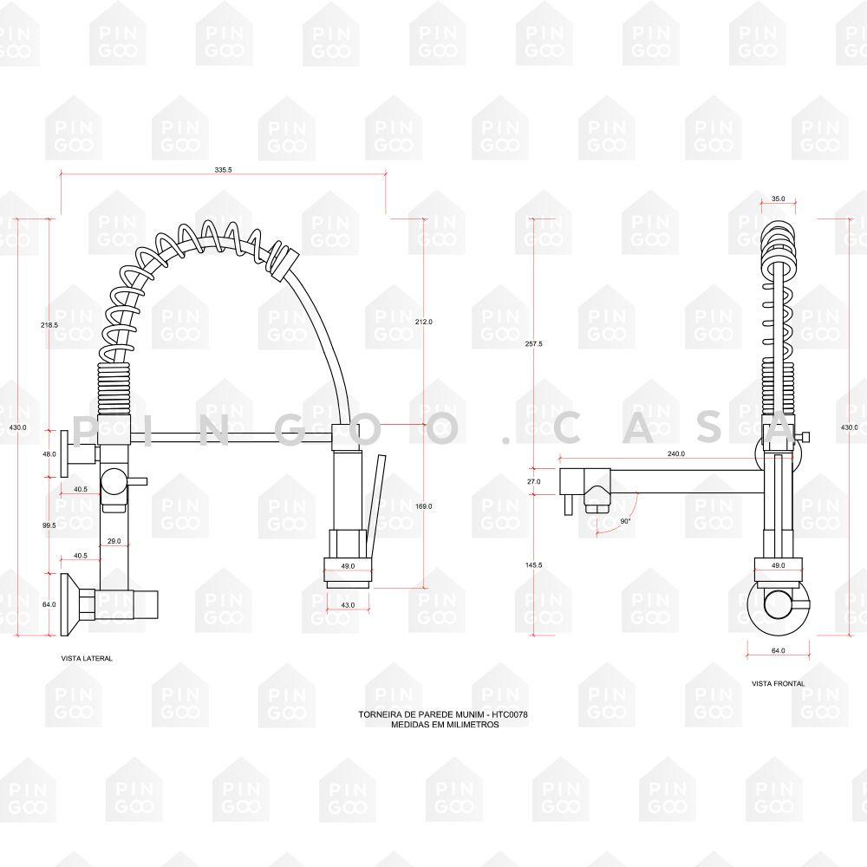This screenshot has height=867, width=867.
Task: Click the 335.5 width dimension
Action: pos(223,170)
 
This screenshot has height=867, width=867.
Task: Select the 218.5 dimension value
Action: pos(49,325)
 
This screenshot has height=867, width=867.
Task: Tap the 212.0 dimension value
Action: pos(424,322)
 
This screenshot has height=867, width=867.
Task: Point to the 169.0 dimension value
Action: pos(424,506)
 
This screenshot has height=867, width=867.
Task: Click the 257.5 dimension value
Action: pos(533,344)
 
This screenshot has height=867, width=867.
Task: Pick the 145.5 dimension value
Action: pos(533,565)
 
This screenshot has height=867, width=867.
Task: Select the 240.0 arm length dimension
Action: pos(675,454)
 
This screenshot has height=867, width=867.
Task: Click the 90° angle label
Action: pos(625,521)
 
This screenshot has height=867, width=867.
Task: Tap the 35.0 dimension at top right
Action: pos(778,199)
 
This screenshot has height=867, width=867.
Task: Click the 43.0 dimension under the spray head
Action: pos(348,605)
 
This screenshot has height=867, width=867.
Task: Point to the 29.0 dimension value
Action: pos(114,541)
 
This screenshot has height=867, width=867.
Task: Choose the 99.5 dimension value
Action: pos(49,525)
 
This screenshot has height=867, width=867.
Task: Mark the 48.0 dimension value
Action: pos(49,454)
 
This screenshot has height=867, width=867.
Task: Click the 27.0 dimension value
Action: pos(533,481)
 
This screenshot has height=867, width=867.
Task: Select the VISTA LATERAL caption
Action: pos(87,659)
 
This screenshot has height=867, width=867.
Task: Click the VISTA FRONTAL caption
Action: pos(778,684)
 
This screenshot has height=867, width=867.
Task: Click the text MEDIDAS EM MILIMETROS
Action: pos(445,724)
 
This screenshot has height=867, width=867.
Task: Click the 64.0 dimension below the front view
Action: pos(778,651)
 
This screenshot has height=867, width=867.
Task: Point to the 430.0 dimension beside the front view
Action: pos(850,427)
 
